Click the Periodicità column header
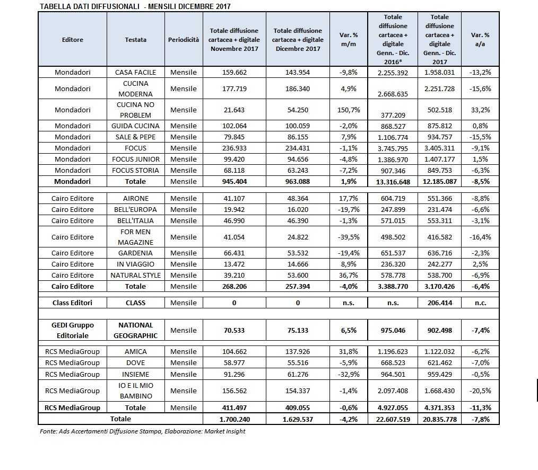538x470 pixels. tap(184, 40)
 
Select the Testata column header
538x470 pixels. tap(136, 40)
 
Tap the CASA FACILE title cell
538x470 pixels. tap(136, 72)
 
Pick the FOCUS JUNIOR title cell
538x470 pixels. tap(136, 159)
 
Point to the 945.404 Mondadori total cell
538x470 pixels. tap(234, 181)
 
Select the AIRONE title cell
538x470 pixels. tap(136, 198)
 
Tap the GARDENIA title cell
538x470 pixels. tap(136, 253)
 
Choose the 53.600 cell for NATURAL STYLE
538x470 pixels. tap(298, 275)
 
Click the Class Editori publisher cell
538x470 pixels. tap(73, 303)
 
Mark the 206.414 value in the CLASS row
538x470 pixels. tap(439, 303)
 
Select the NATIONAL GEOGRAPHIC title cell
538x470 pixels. tap(136, 330)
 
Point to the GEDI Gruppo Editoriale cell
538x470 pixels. tap(73, 330)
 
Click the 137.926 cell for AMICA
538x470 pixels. tap(298, 352)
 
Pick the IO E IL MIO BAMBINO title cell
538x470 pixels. tap(136, 391)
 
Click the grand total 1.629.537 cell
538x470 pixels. tap(298, 419)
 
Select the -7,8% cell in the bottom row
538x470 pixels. tap(480, 419)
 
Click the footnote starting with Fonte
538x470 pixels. tap(143, 431)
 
